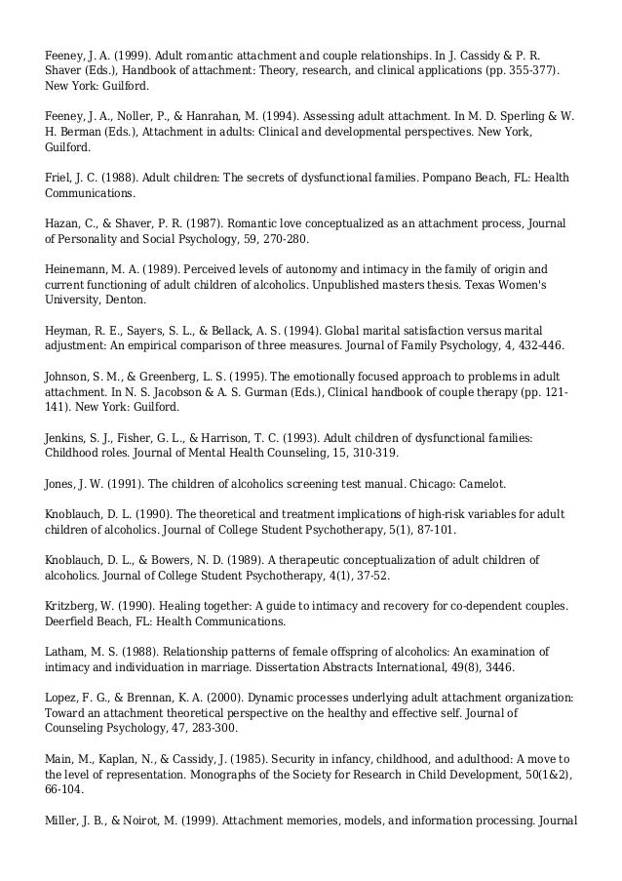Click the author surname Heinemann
[x=77, y=268]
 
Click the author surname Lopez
[x=60, y=698]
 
